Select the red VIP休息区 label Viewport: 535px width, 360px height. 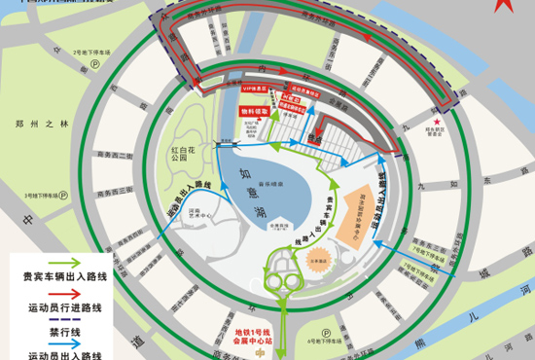point(256,88)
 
